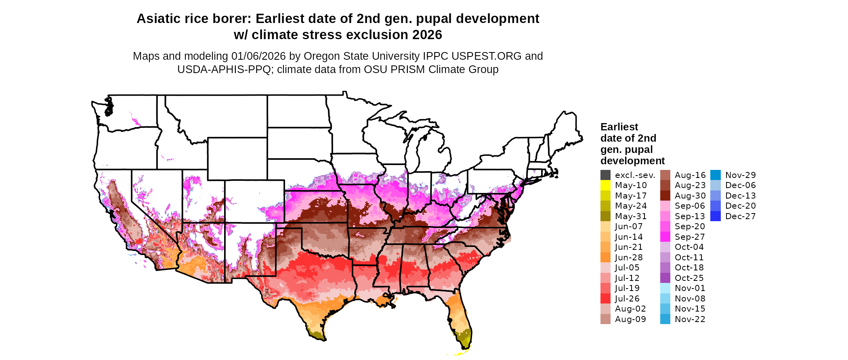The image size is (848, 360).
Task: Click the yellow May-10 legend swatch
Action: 605,185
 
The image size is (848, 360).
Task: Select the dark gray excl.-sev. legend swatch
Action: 605,175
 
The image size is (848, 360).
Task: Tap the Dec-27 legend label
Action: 740,216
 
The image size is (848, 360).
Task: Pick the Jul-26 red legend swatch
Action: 605,299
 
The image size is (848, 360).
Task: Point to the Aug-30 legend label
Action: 690,196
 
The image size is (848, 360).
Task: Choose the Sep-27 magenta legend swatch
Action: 665,237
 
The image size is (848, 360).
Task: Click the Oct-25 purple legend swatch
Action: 665,278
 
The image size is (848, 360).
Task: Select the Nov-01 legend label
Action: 690,288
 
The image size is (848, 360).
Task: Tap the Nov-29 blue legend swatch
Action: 715,175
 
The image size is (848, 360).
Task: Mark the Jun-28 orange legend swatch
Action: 605,257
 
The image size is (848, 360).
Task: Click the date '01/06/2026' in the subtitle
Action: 258,56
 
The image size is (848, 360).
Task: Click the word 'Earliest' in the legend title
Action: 619,127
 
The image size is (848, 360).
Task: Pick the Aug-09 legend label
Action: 630,319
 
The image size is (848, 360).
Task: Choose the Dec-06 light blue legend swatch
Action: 715,185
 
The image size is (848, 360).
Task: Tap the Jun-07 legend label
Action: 629,226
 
